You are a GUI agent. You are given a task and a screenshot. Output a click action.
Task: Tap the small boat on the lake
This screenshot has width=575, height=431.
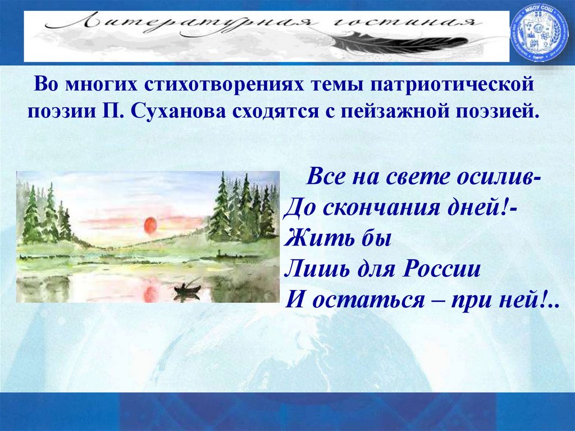(x=187, y=289)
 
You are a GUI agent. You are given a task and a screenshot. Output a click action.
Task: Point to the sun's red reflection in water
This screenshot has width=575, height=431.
(x=150, y=293)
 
